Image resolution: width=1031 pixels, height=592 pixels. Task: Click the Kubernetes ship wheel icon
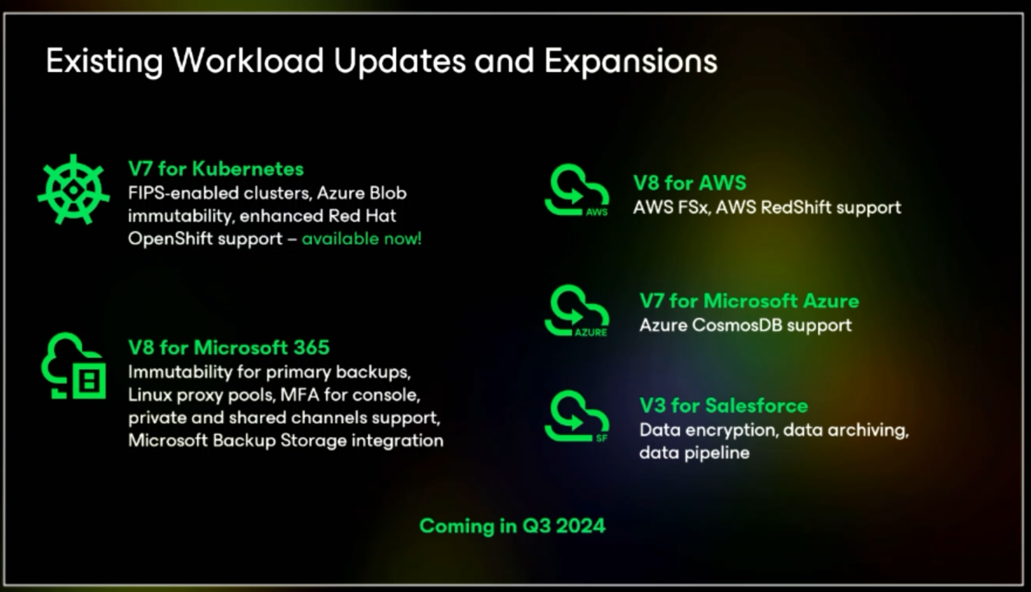tap(73, 190)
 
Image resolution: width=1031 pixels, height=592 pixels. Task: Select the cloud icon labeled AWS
tap(577, 190)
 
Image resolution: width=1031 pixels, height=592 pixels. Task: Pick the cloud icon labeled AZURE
tap(577, 311)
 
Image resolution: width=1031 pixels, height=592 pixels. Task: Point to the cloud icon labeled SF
tap(577, 416)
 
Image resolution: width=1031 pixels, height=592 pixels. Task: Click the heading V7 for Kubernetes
tap(216, 169)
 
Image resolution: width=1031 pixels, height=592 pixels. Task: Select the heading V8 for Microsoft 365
tap(229, 347)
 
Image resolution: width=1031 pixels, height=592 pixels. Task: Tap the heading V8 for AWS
tap(689, 183)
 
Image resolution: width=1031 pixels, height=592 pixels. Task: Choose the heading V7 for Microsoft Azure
tap(749, 301)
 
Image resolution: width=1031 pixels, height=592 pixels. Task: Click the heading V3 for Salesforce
tap(723, 405)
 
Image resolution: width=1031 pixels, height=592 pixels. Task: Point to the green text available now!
tap(362, 238)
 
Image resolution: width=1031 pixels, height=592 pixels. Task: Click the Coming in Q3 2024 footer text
tap(512, 526)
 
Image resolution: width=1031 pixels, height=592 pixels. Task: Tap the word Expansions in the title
tap(631, 61)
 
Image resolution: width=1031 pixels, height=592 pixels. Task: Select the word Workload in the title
tap(249, 60)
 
